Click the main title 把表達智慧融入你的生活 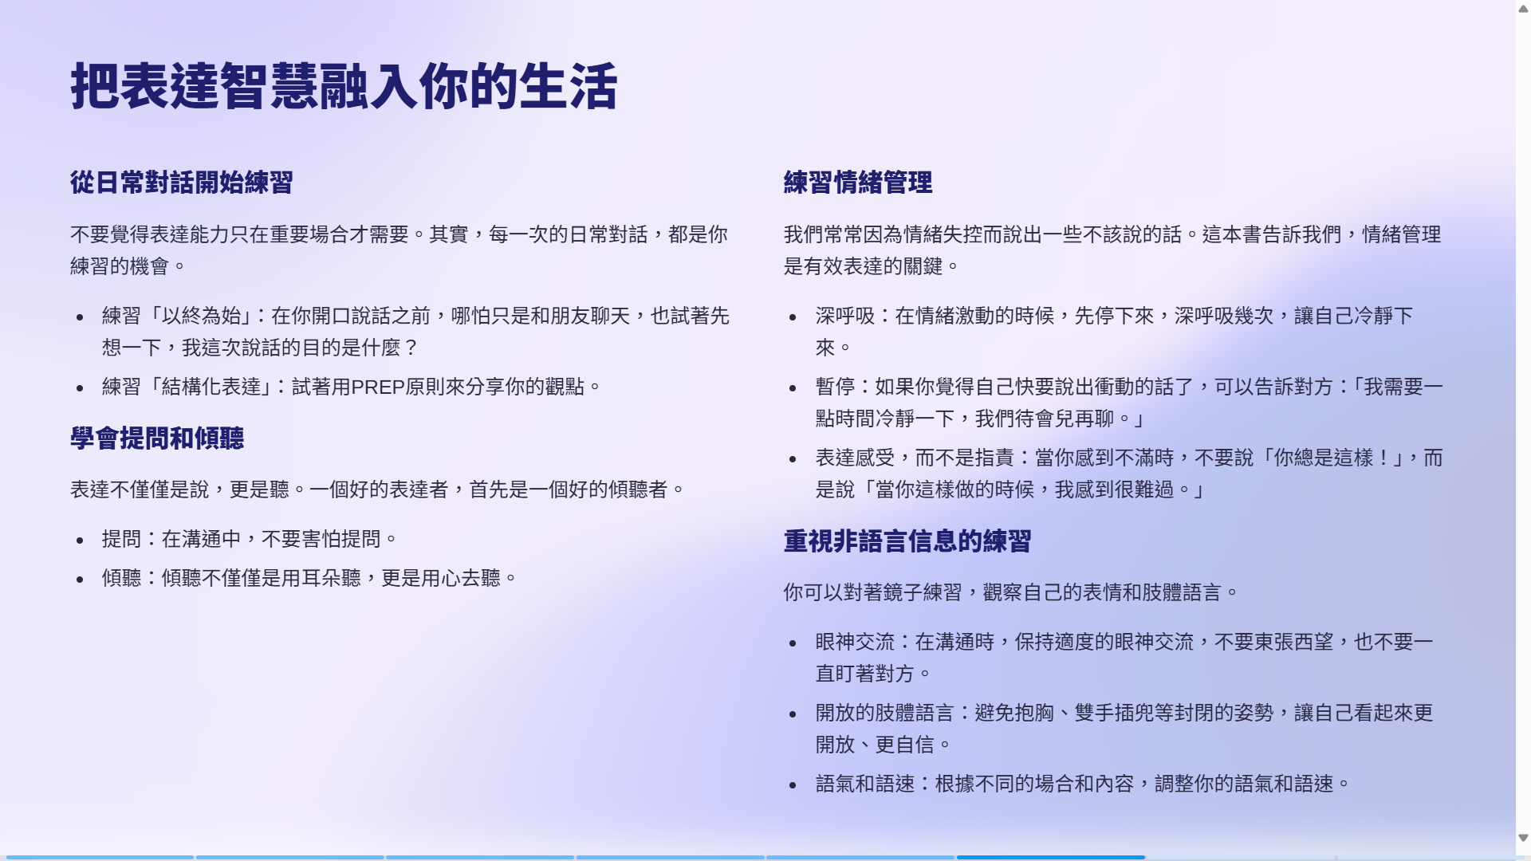(344, 86)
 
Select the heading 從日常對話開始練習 (182, 183)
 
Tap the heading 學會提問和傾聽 (157, 438)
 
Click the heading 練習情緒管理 (858, 183)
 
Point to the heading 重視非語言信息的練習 (907, 541)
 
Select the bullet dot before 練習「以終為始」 (80, 317)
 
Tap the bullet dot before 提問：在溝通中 (80, 541)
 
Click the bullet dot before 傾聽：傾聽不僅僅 (80, 580)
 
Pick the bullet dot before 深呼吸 (793, 317)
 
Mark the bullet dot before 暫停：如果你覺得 (793, 388)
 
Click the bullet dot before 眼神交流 (793, 643)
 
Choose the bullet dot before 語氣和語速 (793, 785)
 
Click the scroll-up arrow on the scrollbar (1523, 9)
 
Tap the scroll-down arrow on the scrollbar (1523, 838)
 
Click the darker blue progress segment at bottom (1051, 858)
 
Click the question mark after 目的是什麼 (411, 348)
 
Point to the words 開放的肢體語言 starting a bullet (885, 713)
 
